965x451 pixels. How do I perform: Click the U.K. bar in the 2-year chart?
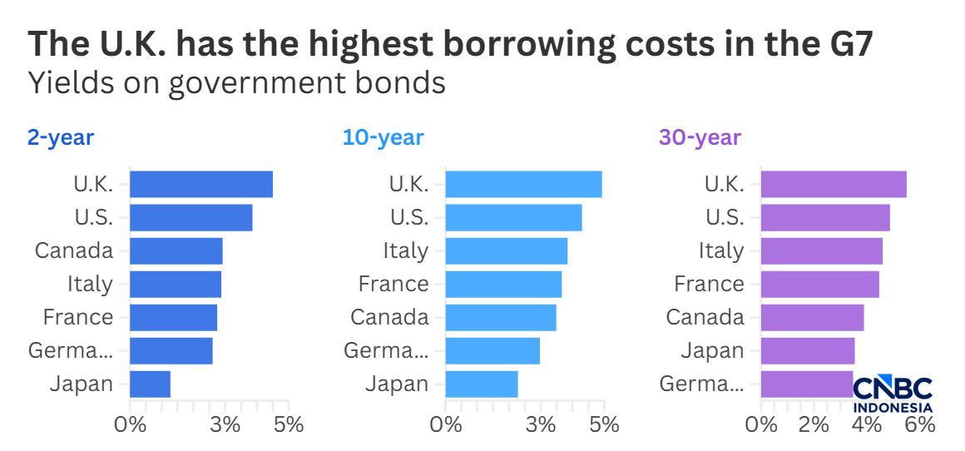[201, 184]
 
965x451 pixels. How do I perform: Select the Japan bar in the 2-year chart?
[150, 384]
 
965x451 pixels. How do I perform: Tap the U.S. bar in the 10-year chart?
[513, 217]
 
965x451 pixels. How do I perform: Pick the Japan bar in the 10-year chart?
[482, 384]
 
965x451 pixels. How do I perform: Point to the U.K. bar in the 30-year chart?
[834, 184]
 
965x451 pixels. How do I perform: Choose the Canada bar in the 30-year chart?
[812, 317]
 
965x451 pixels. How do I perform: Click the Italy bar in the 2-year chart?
[176, 284]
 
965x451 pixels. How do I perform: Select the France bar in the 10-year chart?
[503, 284]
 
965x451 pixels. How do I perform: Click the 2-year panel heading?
[61, 137]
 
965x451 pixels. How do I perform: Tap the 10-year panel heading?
[383, 137]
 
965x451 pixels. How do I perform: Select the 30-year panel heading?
[699, 137]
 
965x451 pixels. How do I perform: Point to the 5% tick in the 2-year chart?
[289, 424]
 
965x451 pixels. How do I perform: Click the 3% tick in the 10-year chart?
[542, 424]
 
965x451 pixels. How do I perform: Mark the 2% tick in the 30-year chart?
[813, 424]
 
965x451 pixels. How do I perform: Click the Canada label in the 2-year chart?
[74, 250]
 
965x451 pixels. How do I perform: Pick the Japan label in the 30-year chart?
[712, 350]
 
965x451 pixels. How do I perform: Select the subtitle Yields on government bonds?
[236, 83]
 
